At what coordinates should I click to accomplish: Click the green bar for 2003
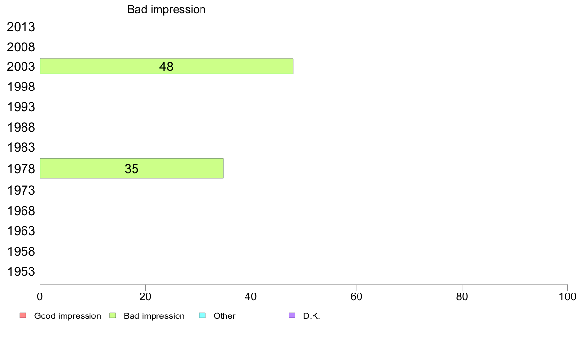pyautogui.click(x=166, y=67)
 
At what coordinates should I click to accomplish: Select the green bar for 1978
pyautogui.click(x=132, y=168)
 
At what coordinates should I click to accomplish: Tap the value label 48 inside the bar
pyautogui.click(x=166, y=67)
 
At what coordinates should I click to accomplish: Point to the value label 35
pyautogui.click(x=132, y=169)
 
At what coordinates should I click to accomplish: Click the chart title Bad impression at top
pyautogui.click(x=166, y=10)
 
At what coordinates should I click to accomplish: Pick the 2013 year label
pyautogui.click(x=21, y=27)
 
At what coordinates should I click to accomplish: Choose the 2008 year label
pyautogui.click(x=21, y=47)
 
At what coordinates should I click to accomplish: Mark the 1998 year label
pyautogui.click(x=21, y=87)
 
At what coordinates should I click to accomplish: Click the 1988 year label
pyautogui.click(x=21, y=127)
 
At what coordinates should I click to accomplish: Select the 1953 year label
pyautogui.click(x=21, y=272)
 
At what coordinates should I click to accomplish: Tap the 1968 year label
pyautogui.click(x=21, y=211)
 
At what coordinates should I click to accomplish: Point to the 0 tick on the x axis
pyautogui.click(x=40, y=296)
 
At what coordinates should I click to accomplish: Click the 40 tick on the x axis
pyautogui.click(x=251, y=296)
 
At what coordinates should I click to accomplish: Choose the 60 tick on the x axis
pyautogui.click(x=357, y=296)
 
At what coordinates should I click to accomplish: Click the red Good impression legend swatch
pyautogui.click(x=23, y=315)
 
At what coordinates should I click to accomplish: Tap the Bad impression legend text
pyautogui.click(x=154, y=316)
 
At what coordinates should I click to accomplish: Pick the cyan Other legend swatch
pyautogui.click(x=202, y=315)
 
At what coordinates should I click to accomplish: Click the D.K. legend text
pyautogui.click(x=312, y=316)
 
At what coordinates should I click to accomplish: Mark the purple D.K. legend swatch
pyautogui.click(x=292, y=315)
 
